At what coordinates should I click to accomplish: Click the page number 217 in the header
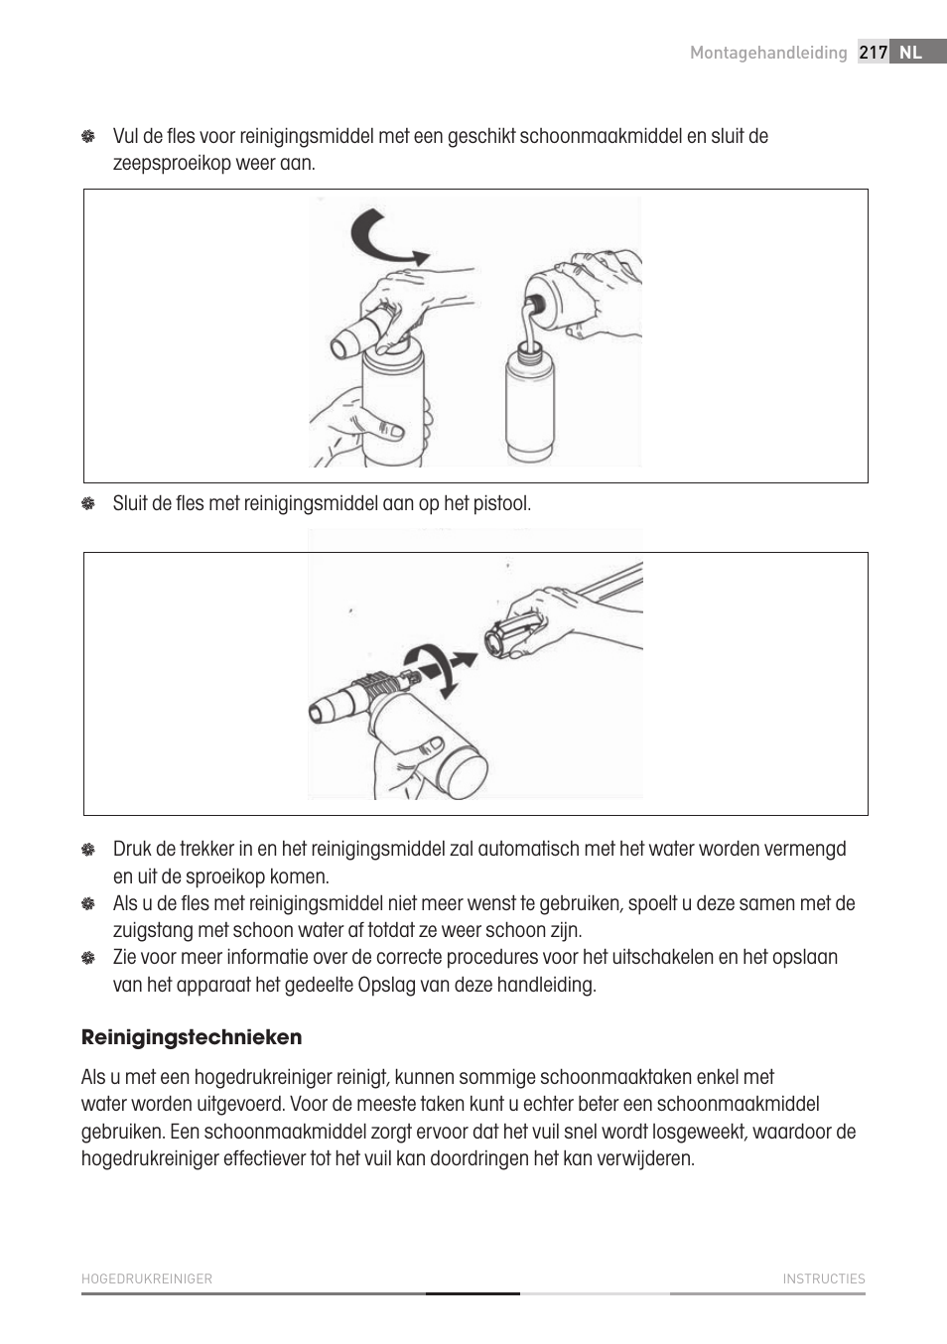pos(873,53)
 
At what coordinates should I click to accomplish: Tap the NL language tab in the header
pos(910,53)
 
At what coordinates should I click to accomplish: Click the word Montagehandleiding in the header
pos(768,53)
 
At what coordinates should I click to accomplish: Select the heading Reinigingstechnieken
pos(192,1037)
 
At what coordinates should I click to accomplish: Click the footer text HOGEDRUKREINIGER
pos(147,1278)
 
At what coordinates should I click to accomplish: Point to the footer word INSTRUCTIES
pos(823,1278)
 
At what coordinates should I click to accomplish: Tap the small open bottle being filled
pos(529,402)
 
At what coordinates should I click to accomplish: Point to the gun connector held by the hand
pos(511,634)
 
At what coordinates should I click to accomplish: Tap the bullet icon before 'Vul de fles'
pos(88,136)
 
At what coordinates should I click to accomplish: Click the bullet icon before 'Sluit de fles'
pos(88,503)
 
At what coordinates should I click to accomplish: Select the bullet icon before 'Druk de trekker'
pos(88,849)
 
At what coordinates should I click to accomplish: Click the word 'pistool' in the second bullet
pos(501,503)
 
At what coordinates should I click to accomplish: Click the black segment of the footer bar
pos(473,1293)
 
